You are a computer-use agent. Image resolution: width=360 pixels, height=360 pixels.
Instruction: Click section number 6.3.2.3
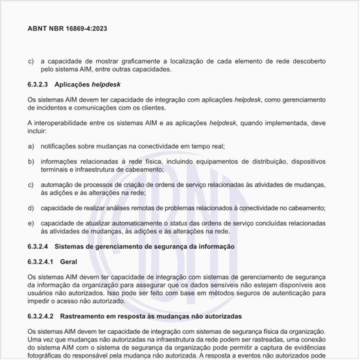coord(39,84)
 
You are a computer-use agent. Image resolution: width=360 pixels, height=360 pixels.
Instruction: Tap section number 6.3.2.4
coord(39,246)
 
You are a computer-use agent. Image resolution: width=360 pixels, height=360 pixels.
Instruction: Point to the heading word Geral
coord(69,261)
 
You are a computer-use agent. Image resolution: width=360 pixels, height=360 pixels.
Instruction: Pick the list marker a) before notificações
coord(31,147)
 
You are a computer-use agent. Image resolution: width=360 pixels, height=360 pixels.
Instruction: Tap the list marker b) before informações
coord(31,161)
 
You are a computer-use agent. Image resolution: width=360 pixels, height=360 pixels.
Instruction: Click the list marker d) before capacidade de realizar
coord(31,208)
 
